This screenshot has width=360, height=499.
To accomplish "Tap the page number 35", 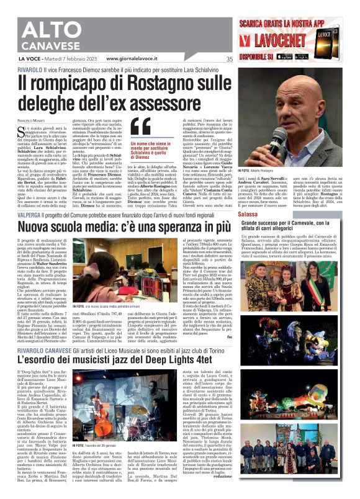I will coord(229,59).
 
